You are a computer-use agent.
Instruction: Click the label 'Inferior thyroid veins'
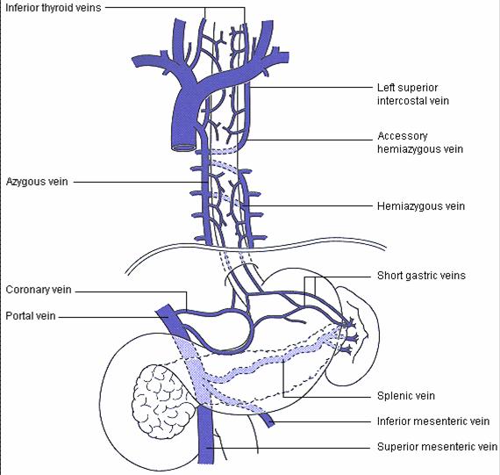(x=54, y=8)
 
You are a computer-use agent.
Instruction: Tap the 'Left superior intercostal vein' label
(x=413, y=94)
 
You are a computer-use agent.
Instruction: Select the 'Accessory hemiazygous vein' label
(x=420, y=142)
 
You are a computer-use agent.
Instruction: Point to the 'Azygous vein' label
(x=37, y=182)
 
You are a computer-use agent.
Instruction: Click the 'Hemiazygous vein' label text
(x=421, y=206)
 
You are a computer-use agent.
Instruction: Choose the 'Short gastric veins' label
(x=421, y=276)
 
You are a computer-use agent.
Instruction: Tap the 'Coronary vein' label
(x=39, y=290)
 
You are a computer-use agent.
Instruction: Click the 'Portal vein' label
(x=31, y=316)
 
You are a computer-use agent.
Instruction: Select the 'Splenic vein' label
(x=406, y=396)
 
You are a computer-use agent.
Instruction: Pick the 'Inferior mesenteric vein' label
(x=433, y=421)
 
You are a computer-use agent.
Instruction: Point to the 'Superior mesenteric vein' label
(x=437, y=447)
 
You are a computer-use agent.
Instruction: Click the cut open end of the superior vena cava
(x=183, y=148)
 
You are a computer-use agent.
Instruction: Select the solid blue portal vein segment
(x=170, y=320)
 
